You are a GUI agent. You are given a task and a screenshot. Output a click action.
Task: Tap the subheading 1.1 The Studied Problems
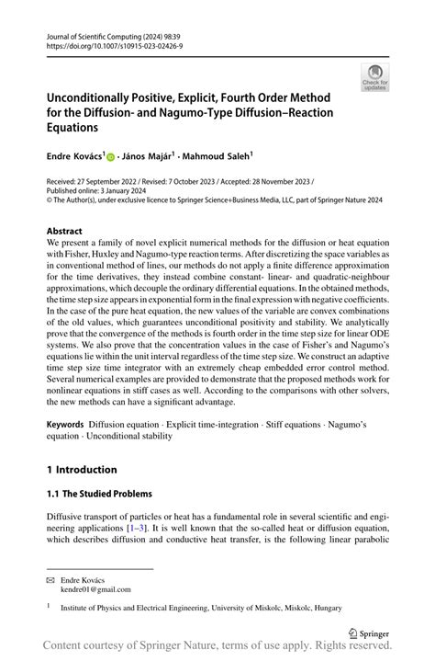[x=99, y=494]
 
